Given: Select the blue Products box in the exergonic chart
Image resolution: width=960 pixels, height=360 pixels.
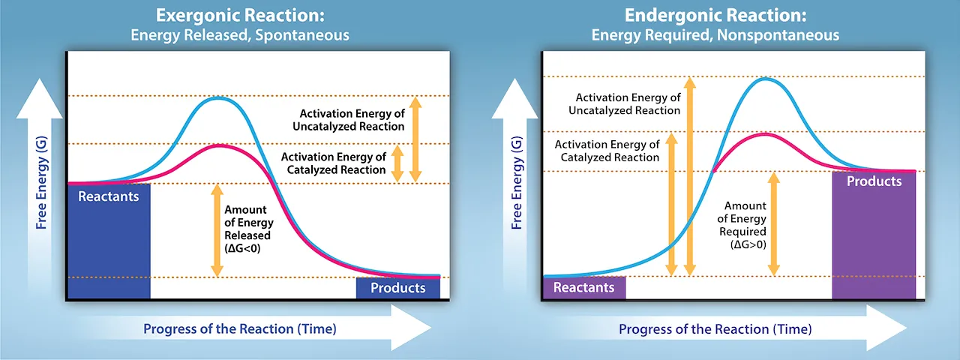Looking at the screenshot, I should coord(397,288).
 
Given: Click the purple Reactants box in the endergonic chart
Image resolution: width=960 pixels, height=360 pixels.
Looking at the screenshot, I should coord(583,287).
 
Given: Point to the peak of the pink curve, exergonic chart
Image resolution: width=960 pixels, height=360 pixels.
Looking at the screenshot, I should coord(218,145).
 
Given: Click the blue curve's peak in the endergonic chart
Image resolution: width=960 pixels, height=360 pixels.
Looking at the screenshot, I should coord(765,78).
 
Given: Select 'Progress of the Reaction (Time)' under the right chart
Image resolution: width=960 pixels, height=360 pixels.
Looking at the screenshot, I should coord(715,329).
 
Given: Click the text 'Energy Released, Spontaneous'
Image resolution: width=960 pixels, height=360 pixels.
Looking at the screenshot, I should coord(240,34).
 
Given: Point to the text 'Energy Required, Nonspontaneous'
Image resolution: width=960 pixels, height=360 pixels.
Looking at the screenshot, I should coord(715,34).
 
